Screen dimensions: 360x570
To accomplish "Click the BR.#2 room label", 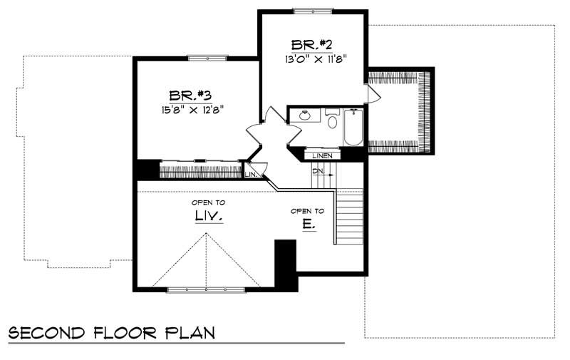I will coord(312,42).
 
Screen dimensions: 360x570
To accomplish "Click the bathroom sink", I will coord(305,116).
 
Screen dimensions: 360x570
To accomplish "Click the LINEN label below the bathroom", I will coord(322,155).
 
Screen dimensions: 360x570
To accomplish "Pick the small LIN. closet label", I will coord(250,174).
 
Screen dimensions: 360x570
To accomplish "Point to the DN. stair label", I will coord(317,172).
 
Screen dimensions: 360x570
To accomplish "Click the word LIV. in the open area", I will coord(207,216).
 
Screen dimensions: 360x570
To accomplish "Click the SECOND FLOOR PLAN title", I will coord(110,333).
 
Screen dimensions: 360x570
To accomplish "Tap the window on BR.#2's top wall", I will coord(313,11).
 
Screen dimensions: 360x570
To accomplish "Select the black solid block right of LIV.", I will coord(286,264).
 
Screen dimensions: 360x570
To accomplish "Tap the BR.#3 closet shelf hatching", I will coord(199,171).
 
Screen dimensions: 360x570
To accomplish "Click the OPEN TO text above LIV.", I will coord(207,202).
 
